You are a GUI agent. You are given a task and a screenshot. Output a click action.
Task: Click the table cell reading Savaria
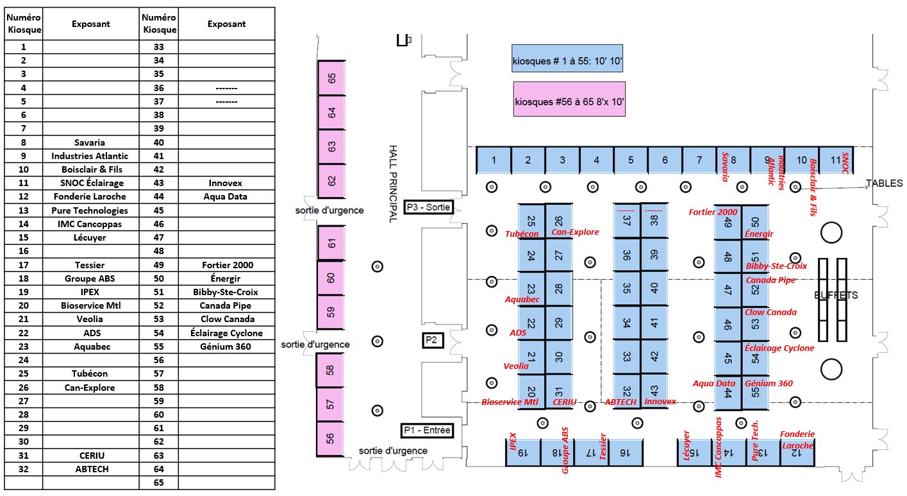pyautogui.click(x=90, y=142)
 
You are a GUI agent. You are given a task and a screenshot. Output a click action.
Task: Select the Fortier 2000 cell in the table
pyautogui.click(x=227, y=265)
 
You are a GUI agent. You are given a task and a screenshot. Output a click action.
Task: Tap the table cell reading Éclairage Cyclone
pyautogui.click(x=227, y=333)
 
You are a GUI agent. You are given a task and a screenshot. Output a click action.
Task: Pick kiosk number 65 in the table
pyautogui.click(x=159, y=483)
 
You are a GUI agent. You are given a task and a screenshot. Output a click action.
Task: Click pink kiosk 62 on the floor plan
pyautogui.click(x=331, y=181)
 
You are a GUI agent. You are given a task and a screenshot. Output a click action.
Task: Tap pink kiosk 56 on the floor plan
pyautogui.click(x=330, y=439)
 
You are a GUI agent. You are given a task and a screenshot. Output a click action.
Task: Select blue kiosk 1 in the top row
pyautogui.click(x=494, y=160)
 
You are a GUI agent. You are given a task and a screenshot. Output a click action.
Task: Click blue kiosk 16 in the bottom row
pyautogui.click(x=625, y=452)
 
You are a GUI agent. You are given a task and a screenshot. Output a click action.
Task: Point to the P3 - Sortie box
pyautogui.click(x=428, y=207)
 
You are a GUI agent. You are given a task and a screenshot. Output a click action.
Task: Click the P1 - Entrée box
pyautogui.click(x=427, y=430)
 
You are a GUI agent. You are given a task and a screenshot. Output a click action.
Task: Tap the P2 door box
pyautogui.click(x=432, y=340)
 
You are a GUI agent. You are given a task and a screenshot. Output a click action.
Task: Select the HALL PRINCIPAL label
pyautogui.click(x=393, y=184)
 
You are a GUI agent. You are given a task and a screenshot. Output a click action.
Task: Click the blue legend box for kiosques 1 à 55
pyautogui.click(x=567, y=58)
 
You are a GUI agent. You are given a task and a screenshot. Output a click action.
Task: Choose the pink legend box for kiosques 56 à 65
pyautogui.click(x=569, y=99)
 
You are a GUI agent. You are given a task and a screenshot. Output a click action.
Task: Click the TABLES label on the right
pyautogui.click(x=885, y=183)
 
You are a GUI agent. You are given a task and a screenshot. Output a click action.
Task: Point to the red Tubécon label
pyautogui.click(x=522, y=234)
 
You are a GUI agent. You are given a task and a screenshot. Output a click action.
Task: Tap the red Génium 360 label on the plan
pyautogui.click(x=769, y=383)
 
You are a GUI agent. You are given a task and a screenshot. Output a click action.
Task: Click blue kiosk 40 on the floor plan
pyautogui.click(x=654, y=288)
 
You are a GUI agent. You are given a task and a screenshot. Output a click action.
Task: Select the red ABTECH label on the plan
pyautogui.click(x=620, y=402)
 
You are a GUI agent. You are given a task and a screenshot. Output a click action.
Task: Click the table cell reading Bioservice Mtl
pyautogui.click(x=90, y=305)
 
